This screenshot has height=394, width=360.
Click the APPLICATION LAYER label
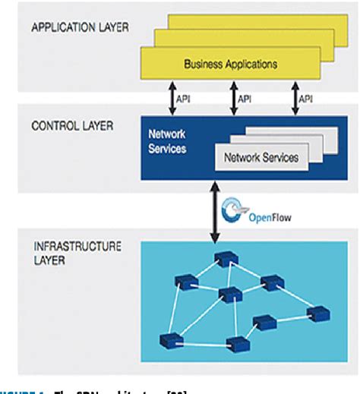(80, 28)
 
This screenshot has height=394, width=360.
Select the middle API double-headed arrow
(231, 97)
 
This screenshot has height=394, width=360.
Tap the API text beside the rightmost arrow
(305, 98)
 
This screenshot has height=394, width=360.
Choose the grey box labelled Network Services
(258, 159)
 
